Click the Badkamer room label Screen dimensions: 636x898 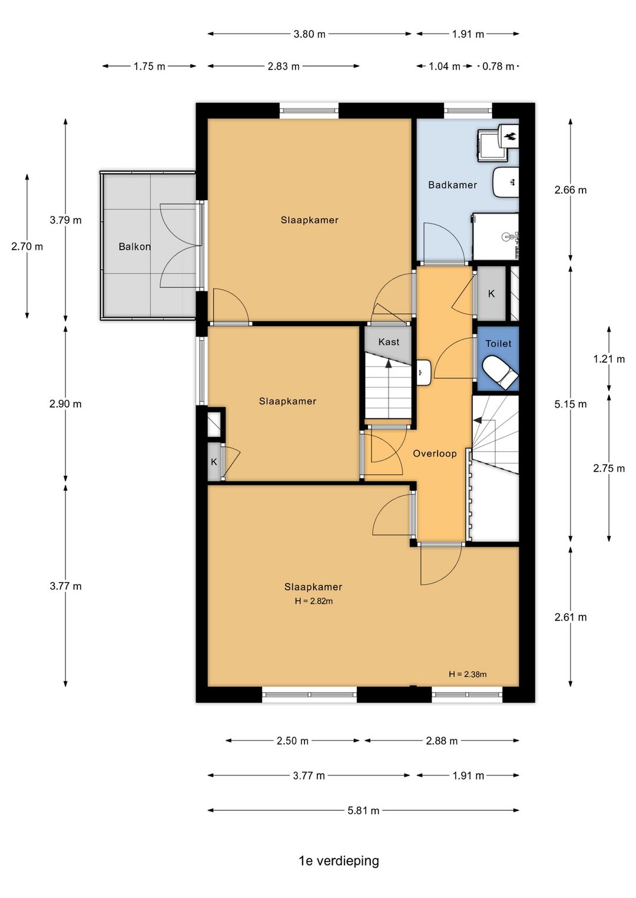click(452, 185)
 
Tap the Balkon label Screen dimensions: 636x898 click(134, 247)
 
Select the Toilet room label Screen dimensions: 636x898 click(498, 344)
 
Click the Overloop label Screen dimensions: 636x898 click(435, 453)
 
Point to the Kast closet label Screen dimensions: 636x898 click(389, 342)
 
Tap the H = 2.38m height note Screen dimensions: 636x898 click(468, 674)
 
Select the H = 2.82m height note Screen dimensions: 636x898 click(313, 601)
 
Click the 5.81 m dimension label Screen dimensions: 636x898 click(363, 810)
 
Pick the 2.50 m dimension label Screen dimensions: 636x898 click(293, 741)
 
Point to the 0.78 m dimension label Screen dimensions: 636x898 click(498, 66)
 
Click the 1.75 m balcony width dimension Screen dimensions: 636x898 click(149, 66)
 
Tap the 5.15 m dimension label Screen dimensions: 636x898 click(570, 404)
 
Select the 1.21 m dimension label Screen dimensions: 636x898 click(609, 359)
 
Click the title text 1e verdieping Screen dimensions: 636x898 click(339, 860)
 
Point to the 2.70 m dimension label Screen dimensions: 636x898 click(27, 247)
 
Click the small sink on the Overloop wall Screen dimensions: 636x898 click(423, 372)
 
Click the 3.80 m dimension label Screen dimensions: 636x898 click(309, 34)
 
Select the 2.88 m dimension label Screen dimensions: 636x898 click(442, 741)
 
